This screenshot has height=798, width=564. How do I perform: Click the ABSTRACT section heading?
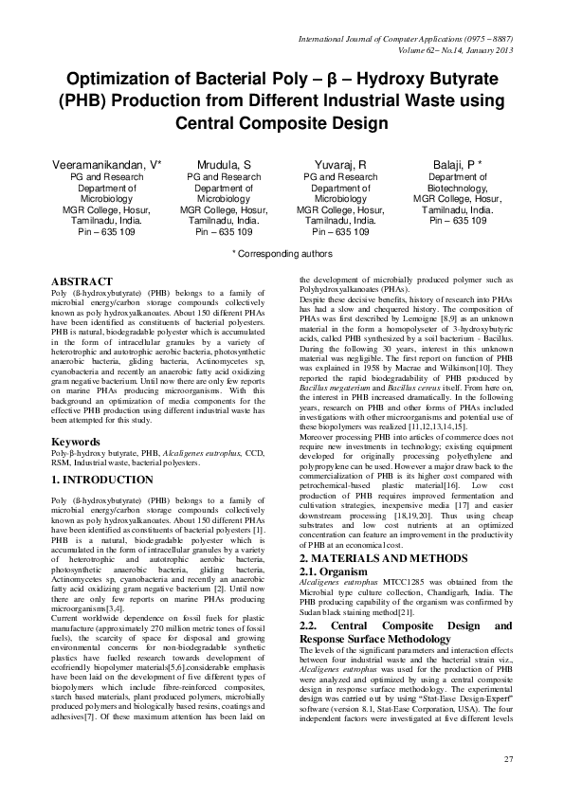pyautogui.click(x=83, y=282)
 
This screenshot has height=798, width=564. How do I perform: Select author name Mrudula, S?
pyautogui.click(x=223, y=164)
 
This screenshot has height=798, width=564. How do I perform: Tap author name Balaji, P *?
pyautogui.click(x=458, y=164)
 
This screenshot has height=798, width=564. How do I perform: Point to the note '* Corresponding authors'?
pyautogui.click(x=282, y=254)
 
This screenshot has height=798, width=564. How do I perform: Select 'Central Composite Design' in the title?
pyautogui.click(x=282, y=123)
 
